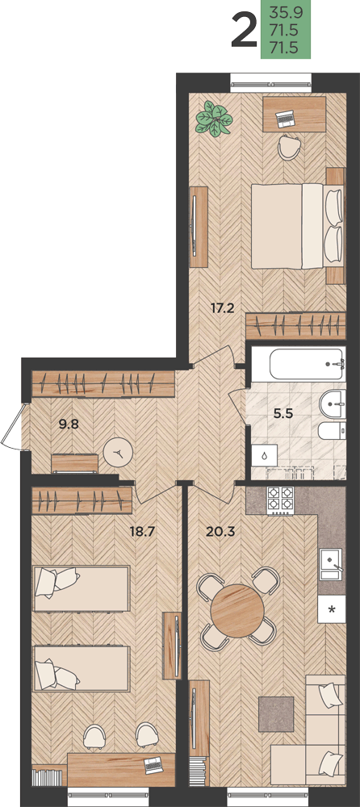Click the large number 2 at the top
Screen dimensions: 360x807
[244, 31]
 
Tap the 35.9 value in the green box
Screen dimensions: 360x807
[286, 10]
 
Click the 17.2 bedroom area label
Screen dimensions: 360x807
[223, 308]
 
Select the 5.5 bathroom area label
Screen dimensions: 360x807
[283, 413]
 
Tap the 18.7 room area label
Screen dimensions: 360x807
[142, 532]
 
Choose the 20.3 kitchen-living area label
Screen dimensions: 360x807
[220, 532]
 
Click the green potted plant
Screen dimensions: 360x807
[214, 119]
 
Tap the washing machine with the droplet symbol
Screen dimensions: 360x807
[264, 456]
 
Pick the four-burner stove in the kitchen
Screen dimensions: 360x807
[280, 501]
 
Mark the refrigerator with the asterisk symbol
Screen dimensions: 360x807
[332, 609]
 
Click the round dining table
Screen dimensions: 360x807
[237, 611]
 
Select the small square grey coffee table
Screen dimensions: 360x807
[276, 714]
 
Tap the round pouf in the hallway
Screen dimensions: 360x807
[118, 453]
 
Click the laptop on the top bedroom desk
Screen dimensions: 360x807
[285, 119]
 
